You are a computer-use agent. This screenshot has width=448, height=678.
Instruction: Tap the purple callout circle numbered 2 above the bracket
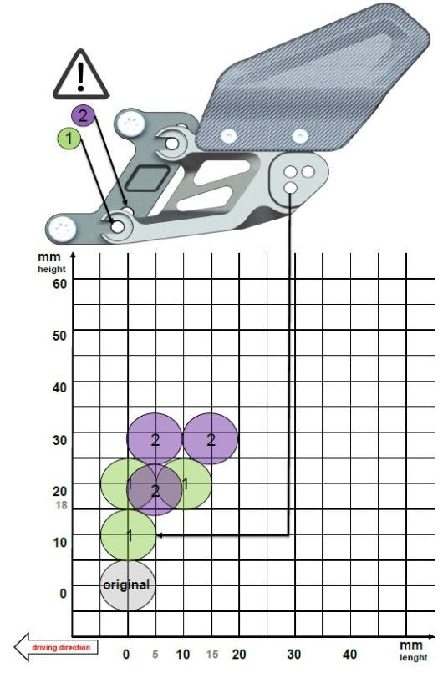[x=84, y=115]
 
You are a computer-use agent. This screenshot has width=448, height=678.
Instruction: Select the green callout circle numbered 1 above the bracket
[x=68, y=138]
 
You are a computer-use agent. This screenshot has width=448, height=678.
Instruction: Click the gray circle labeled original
[x=128, y=584]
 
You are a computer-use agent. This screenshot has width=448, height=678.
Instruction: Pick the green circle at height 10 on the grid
[x=128, y=534]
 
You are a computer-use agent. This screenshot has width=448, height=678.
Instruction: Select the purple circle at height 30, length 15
[x=211, y=438]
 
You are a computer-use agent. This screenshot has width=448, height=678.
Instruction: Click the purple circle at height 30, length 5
[x=155, y=438]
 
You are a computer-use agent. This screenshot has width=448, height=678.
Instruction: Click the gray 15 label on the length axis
[x=212, y=655]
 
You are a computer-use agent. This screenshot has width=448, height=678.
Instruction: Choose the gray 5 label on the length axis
[x=155, y=655]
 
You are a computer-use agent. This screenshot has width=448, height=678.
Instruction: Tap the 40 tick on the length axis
[x=350, y=655]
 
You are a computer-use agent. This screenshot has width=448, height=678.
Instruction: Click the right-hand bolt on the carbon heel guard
[x=298, y=134]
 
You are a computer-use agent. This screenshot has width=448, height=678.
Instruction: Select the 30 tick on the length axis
[x=293, y=655]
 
